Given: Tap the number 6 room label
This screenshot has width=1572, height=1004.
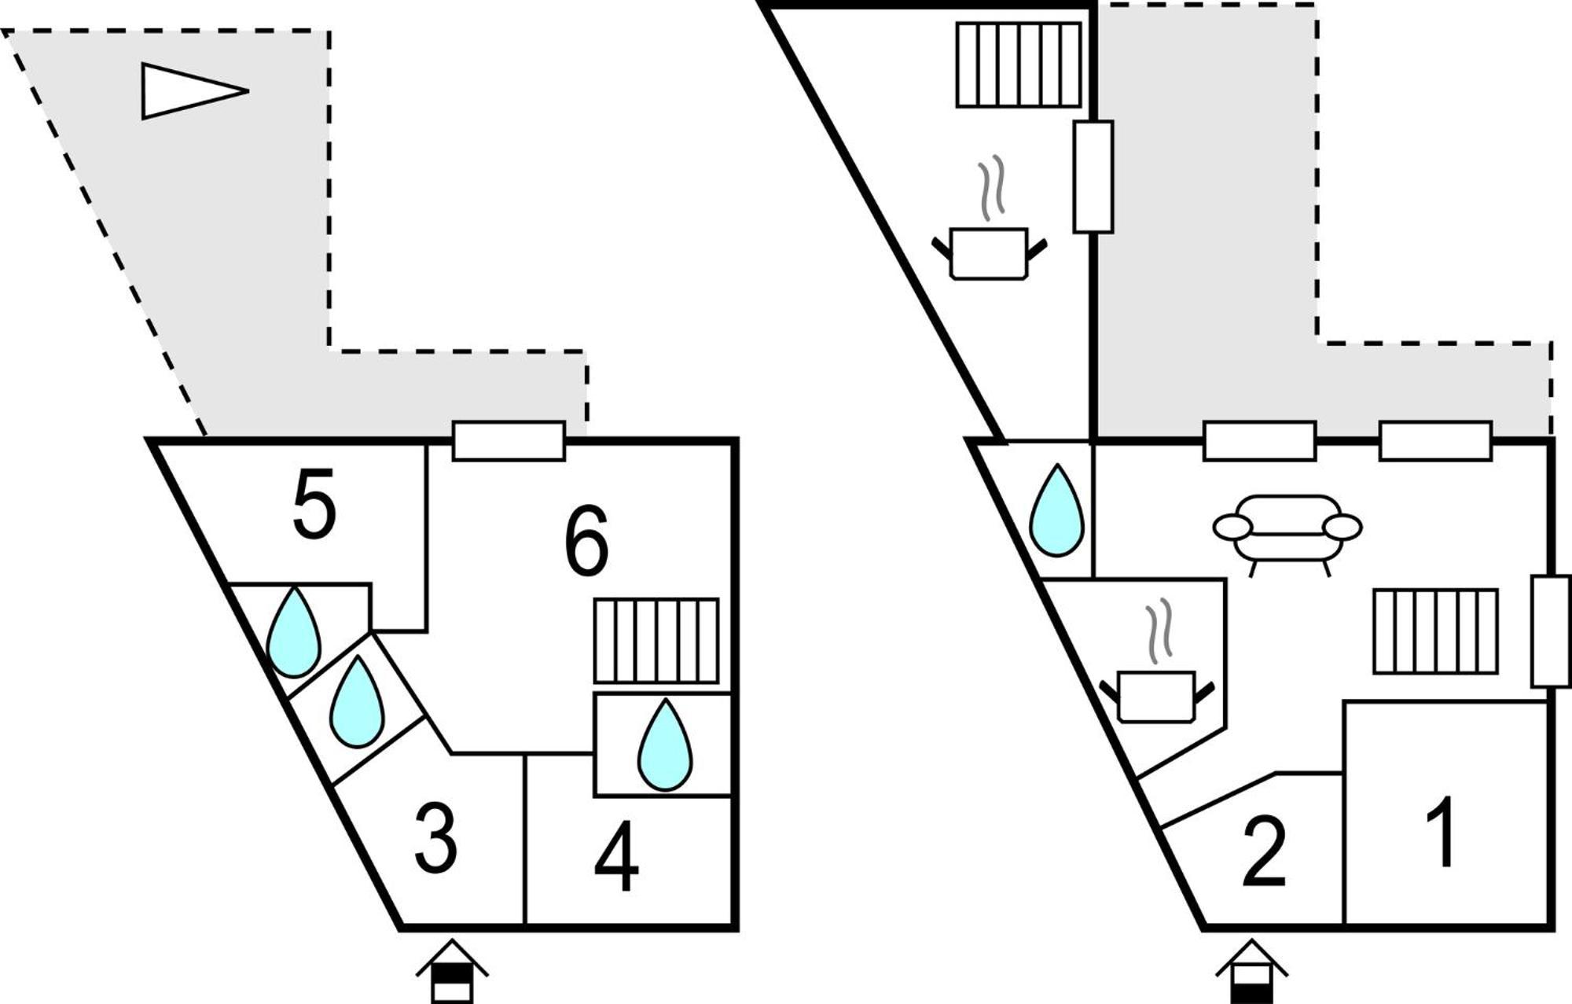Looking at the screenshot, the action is coord(586,540).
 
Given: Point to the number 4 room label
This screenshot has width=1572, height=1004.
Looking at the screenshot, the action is coord(617,856).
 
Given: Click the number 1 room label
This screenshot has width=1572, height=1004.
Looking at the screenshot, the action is coord(1442,831).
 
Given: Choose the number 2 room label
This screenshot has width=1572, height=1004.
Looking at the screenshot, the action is coord(1264,852).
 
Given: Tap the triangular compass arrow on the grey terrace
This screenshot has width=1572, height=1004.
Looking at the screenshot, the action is coord(195,91).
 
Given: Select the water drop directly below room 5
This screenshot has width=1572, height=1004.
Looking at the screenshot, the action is coord(293,632).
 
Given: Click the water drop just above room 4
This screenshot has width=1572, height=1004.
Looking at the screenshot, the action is coord(665,745).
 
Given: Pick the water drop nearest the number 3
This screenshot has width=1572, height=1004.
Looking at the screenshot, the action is coord(357,701).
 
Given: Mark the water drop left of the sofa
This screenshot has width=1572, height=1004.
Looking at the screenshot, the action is coord(1057,510).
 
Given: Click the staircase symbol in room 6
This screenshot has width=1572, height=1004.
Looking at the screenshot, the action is coord(656,641).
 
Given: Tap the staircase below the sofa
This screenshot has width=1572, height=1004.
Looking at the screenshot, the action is coord(1436,631).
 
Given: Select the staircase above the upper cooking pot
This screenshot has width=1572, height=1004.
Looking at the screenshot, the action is coord(1019,64).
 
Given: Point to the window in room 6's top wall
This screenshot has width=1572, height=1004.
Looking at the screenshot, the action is coord(509,441).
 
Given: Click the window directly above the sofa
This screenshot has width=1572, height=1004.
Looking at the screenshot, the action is coord(1260,441).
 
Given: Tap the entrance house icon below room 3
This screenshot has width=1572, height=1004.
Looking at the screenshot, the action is coord(452,971).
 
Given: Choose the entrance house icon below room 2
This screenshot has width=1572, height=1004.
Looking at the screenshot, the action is coord(1252,971).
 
